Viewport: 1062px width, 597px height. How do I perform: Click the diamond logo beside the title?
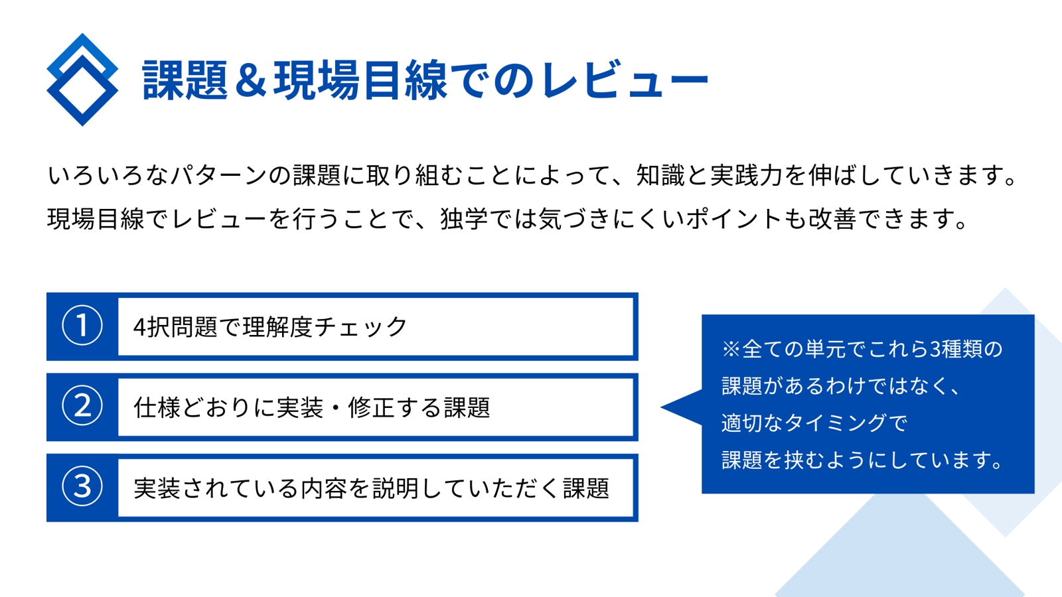click(x=82, y=80)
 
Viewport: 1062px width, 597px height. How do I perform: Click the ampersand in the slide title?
click(x=251, y=80)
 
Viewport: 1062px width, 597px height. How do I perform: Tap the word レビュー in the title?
click(x=624, y=80)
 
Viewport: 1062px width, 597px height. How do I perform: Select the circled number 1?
click(x=82, y=326)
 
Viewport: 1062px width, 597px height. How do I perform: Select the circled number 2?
click(x=82, y=406)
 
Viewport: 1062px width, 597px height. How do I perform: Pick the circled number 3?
click(x=82, y=487)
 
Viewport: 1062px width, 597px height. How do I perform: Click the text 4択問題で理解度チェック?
click(x=270, y=327)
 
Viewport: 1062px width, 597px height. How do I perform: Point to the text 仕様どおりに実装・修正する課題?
click(x=312, y=407)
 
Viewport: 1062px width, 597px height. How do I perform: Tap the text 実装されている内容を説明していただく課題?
click(x=371, y=488)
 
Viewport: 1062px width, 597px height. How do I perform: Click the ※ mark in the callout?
click(x=731, y=350)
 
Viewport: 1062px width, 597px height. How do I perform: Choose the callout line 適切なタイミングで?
click(x=814, y=423)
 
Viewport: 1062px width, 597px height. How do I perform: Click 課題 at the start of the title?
click(x=185, y=80)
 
